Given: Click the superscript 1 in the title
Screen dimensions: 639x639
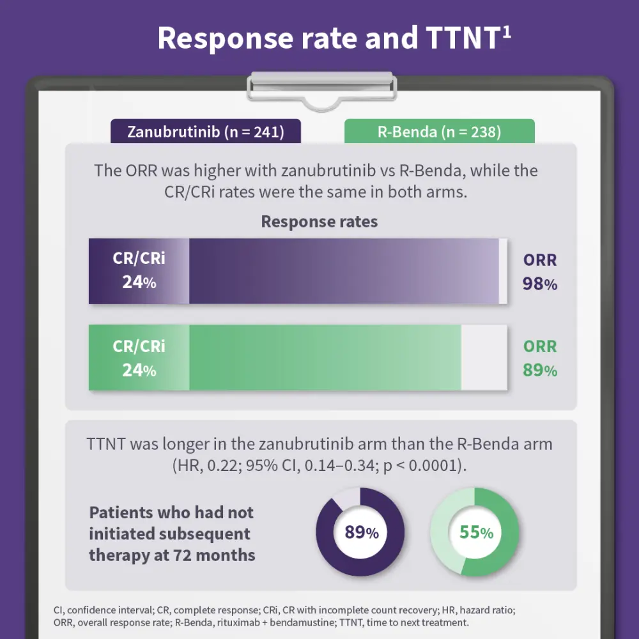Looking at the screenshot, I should click(x=506, y=32).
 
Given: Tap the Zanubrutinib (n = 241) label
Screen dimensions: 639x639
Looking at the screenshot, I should click(x=205, y=132).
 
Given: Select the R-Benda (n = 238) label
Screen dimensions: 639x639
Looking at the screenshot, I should click(x=439, y=132).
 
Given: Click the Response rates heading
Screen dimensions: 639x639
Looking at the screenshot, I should click(x=319, y=222).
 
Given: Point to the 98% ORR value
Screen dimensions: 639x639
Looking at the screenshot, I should click(x=540, y=284).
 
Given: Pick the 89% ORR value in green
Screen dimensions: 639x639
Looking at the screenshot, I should click(x=540, y=371).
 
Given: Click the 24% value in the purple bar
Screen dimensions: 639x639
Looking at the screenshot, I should click(x=139, y=282).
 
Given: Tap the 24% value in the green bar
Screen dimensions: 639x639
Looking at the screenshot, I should click(x=139, y=370).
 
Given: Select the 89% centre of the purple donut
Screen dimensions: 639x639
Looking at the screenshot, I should click(x=362, y=532).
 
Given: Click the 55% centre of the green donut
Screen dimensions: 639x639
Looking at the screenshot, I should click(x=476, y=532).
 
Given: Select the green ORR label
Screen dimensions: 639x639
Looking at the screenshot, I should click(x=540, y=347).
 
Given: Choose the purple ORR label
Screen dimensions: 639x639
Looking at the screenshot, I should click(x=540, y=260).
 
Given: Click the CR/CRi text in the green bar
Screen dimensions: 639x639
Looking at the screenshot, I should click(x=139, y=346).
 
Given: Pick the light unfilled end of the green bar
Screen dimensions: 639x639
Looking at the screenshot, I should click(x=484, y=358).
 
